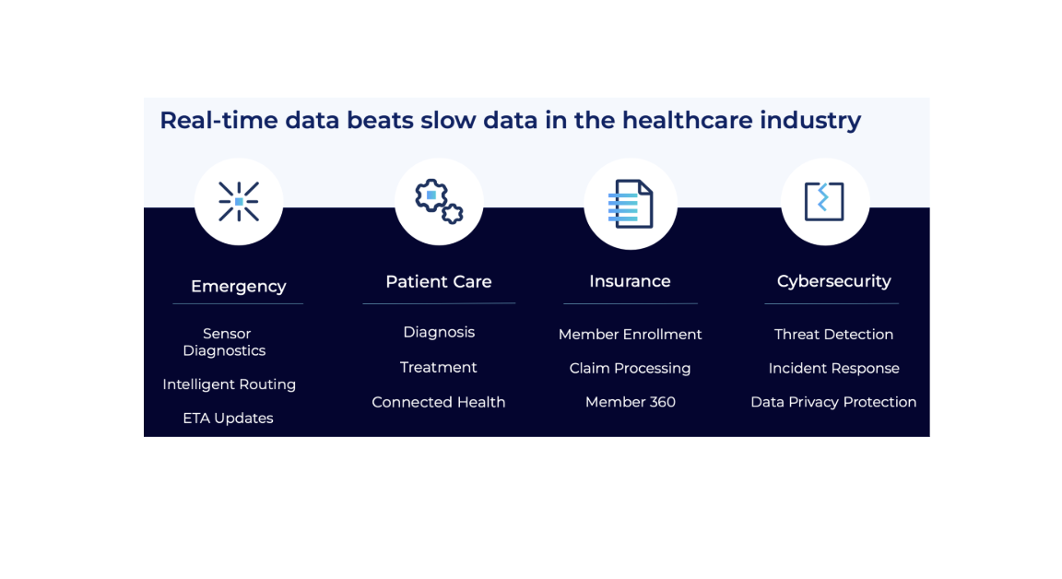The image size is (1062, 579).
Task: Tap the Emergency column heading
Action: tap(238, 286)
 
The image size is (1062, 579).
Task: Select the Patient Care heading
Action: tap(439, 281)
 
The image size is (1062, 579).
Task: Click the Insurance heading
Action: tap(630, 281)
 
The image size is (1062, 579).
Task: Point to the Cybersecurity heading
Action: tap(833, 281)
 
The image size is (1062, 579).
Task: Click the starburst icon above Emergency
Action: tap(239, 201)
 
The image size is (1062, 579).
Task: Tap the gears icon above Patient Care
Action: tap(439, 201)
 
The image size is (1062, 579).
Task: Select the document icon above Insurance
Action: tap(631, 204)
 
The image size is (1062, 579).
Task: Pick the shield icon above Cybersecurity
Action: tap(824, 201)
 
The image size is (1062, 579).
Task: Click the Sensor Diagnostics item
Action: tap(225, 342)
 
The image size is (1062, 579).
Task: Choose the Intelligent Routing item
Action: tap(229, 384)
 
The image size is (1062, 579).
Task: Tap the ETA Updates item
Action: tap(228, 419)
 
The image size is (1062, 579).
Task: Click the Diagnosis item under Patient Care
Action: tap(439, 332)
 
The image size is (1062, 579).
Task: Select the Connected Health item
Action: tap(439, 402)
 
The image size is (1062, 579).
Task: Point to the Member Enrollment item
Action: tap(630, 335)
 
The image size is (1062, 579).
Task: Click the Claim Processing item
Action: tap(630, 368)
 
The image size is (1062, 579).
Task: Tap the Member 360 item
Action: tap(630, 402)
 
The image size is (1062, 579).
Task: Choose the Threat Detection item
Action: tap(833, 335)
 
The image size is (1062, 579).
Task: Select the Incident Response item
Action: tap(833, 368)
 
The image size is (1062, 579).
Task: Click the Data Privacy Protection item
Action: tap(833, 402)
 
